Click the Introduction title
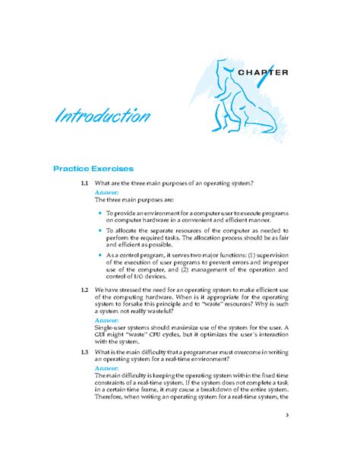pyautogui.click(x=101, y=117)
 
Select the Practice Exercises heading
pyautogui.click(x=93, y=167)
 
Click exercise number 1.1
pyautogui.click(x=84, y=183)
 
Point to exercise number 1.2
pyautogui.click(x=84, y=290)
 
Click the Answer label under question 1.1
pyautogui.click(x=106, y=192)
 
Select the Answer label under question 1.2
pyautogui.click(x=106, y=320)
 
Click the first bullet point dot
pyautogui.click(x=99, y=214)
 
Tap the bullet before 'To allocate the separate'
pyautogui.click(x=99, y=230)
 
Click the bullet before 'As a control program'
pyautogui.click(x=99, y=255)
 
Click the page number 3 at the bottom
pyautogui.click(x=287, y=415)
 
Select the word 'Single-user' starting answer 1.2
pyautogui.click(x=112, y=328)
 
